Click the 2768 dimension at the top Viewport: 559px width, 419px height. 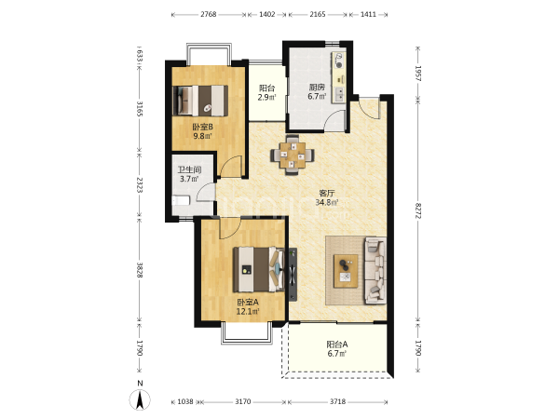click(x=208, y=14)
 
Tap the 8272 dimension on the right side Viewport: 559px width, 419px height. click(x=418, y=211)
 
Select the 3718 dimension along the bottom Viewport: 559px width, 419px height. click(x=337, y=401)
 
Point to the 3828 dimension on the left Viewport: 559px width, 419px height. click(x=140, y=270)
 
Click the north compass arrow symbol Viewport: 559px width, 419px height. click(x=141, y=399)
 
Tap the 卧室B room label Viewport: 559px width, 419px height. click(x=202, y=127)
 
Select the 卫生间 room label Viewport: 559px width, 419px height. click(x=189, y=170)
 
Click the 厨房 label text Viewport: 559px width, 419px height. click(x=317, y=88)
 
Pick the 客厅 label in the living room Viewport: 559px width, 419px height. click(x=327, y=194)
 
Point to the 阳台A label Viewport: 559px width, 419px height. click(x=337, y=345)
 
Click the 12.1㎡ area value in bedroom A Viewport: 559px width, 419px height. click(x=248, y=311)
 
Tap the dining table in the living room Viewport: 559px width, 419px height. click(x=293, y=155)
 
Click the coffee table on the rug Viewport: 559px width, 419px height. click(x=346, y=271)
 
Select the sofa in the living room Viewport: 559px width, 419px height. click(x=375, y=271)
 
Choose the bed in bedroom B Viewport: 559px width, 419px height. click(x=200, y=101)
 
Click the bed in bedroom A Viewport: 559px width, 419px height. click(x=259, y=270)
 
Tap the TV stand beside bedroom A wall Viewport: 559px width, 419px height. click(x=293, y=275)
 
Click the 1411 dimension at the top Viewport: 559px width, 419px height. click(x=368, y=14)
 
